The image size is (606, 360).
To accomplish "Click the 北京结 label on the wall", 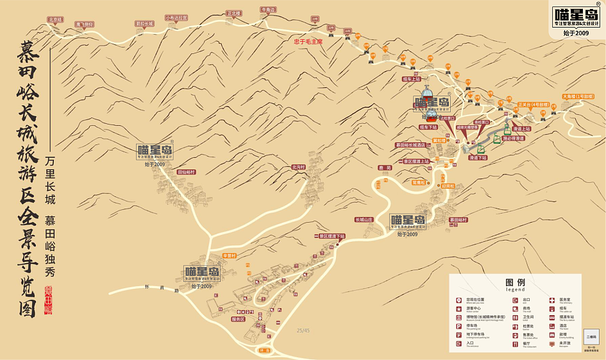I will pyautogui.click(x=55, y=19).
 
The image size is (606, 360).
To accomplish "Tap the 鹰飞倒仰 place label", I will pyautogui.click(x=85, y=24).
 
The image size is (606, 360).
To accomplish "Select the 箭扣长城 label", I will pyautogui.click(x=144, y=24).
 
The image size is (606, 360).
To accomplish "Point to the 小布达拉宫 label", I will pyautogui.click(x=176, y=18).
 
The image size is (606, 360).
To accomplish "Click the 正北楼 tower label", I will pyautogui.click(x=234, y=13).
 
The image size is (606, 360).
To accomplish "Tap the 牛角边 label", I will pyautogui.click(x=268, y=10).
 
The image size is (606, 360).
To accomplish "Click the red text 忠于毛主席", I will pyautogui.click(x=308, y=42).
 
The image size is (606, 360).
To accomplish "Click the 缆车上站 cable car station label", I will pyautogui.click(x=411, y=79).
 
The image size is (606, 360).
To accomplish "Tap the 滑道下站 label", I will pyautogui.click(x=478, y=157).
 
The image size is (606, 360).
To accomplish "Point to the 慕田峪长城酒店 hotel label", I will pyautogui.click(x=414, y=145).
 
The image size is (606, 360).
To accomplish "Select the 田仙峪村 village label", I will pyautogui.click(x=186, y=172).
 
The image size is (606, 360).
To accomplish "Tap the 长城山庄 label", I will pyautogui.click(x=364, y=219).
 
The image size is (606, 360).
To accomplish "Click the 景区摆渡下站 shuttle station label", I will pyautogui.click(x=332, y=236).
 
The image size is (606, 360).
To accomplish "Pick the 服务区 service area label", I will pyautogui.click(x=238, y=319).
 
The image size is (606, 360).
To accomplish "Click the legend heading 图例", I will pyautogui.click(x=515, y=282).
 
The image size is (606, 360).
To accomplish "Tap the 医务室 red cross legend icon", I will pyautogui.click(x=553, y=300).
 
